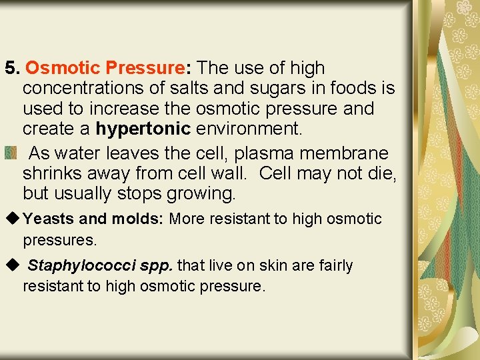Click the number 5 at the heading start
coord(10,68)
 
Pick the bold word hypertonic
coord(143,128)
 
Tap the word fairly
coord(334,266)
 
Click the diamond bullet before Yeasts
coord(12,219)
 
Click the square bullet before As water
coord(11,154)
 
